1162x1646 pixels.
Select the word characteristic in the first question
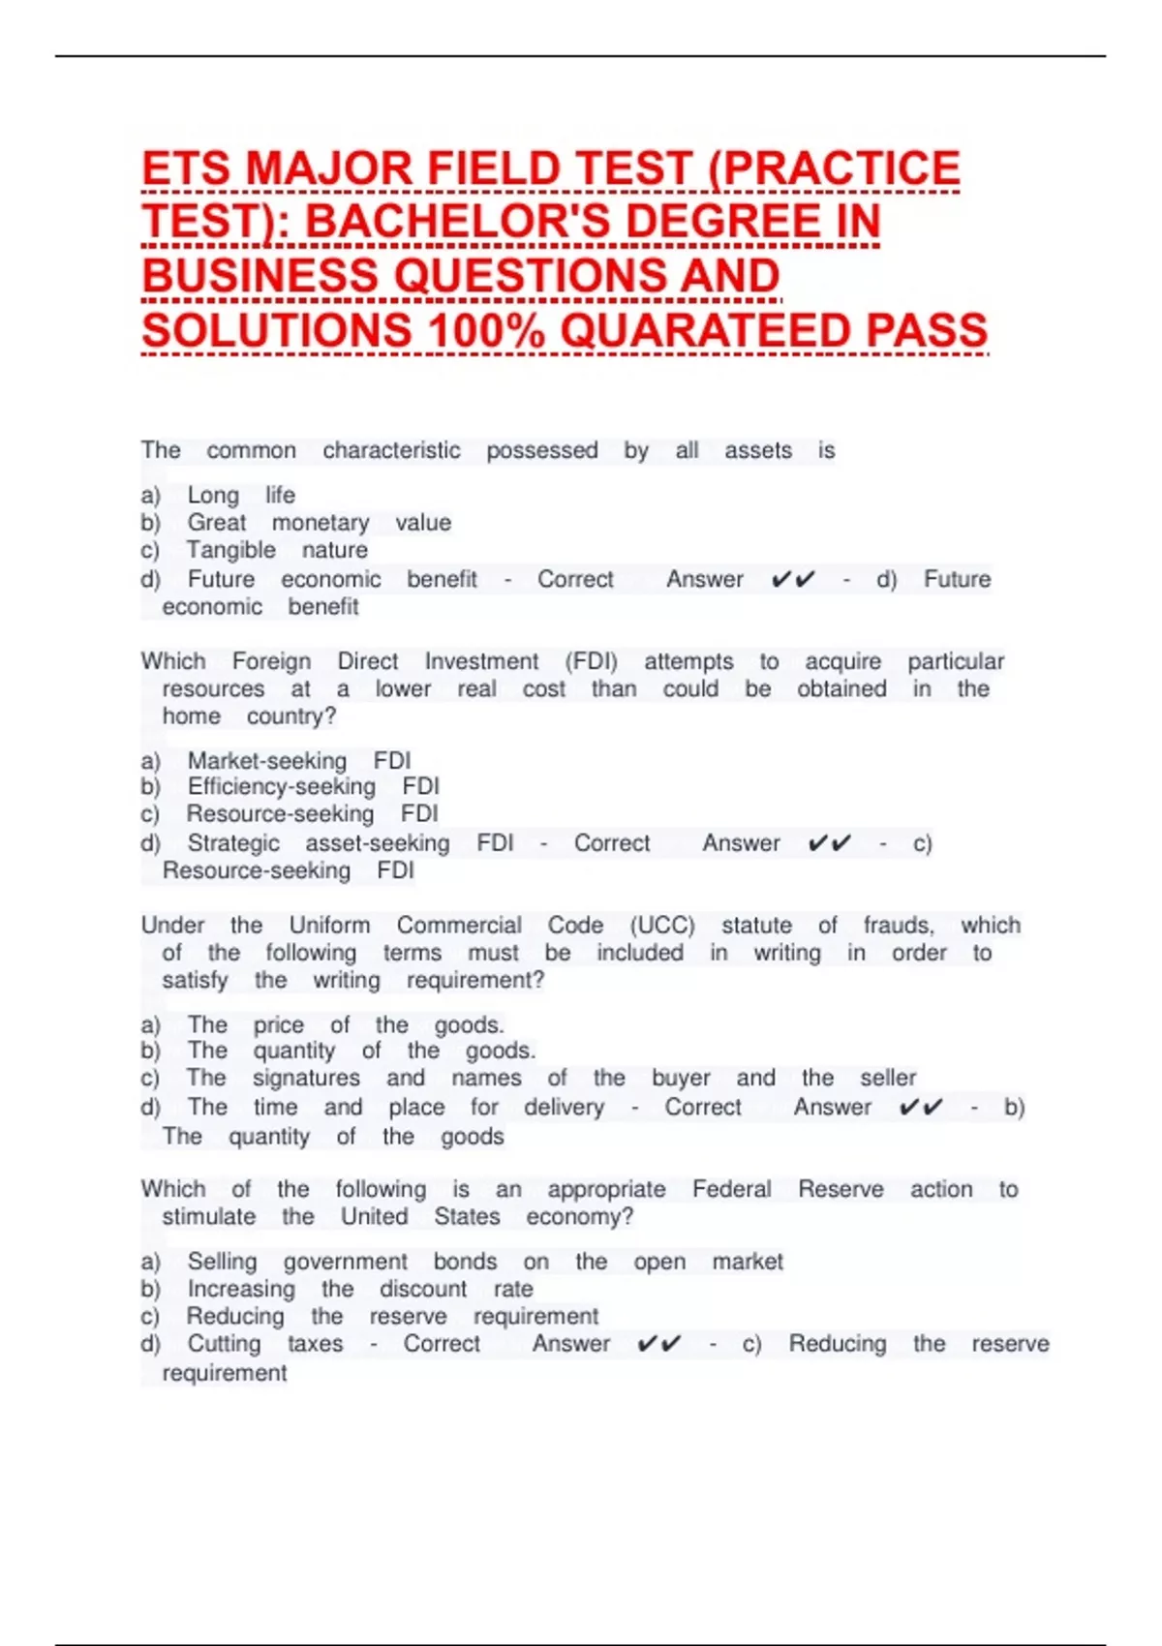pyautogui.click(x=391, y=450)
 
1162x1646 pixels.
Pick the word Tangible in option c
pyautogui.click(x=230, y=550)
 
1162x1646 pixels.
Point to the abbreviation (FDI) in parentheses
pyautogui.click(x=591, y=661)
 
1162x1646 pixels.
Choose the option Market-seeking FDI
pyautogui.click(x=298, y=761)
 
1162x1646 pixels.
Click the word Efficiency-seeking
pyautogui.click(x=281, y=786)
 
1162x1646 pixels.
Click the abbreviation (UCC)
pyautogui.click(x=662, y=926)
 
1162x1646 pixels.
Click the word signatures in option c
pyautogui.click(x=306, y=1079)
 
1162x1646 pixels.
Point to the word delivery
pyautogui.click(x=564, y=1108)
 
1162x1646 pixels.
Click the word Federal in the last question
pyautogui.click(x=731, y=1189)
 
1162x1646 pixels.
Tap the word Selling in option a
pyautogui.click(x=222, y=1262)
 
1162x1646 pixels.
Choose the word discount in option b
pyautogui.click(x=423, y=1290)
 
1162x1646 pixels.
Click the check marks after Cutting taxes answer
pyautogui.click(x=658, y=1344)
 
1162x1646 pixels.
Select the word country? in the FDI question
pyautogui.click(x=290, y=716)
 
